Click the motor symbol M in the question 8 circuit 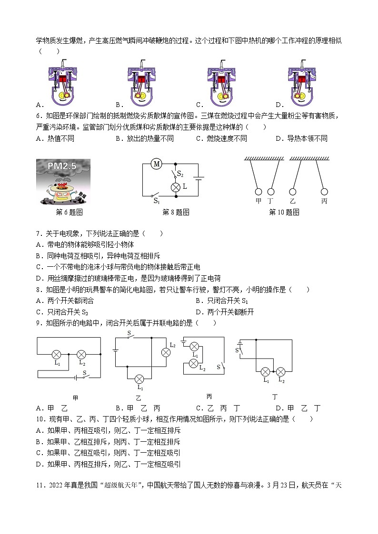click(156, 164)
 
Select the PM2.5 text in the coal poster click(62, 166)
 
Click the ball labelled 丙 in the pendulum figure click(324, 192)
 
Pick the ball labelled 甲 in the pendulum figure click(259, 192)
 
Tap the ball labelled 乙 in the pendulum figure click(292, 192)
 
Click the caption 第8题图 click(176, 213)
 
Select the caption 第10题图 click(284, 213)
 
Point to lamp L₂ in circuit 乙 click(166, 352)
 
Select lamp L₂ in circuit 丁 click(281, 371)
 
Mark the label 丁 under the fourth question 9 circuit click(275, 396)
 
